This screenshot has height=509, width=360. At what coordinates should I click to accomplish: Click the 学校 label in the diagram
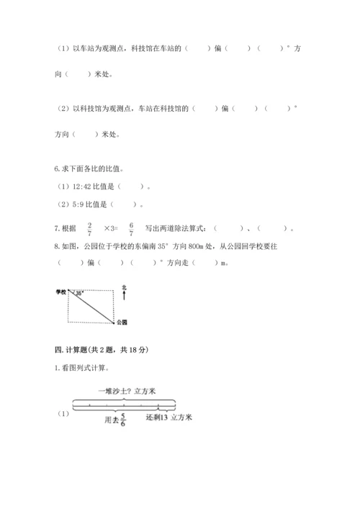[x=60, y=292]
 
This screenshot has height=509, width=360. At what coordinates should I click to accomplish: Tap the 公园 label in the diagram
[x=122, y=321]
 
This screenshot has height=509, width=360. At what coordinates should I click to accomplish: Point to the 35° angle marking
[x=79, y=294]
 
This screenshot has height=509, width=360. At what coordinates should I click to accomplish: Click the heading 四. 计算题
[x=101, y=349]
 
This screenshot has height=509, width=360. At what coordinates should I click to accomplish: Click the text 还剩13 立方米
[x=170, y=417]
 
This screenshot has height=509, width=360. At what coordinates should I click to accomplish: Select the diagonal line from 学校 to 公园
[x=91, y=305]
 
